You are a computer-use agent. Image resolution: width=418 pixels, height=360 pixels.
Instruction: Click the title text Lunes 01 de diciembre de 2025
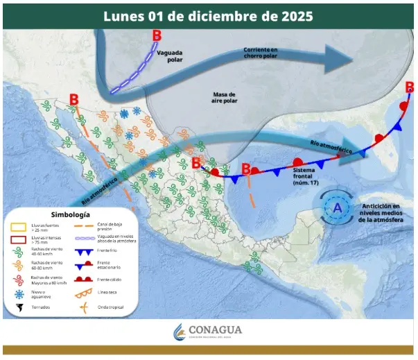pyautogui.click(x=207, y=15)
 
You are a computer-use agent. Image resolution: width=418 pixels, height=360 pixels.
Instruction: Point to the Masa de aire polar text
pyautogui.click(x=223, y=98)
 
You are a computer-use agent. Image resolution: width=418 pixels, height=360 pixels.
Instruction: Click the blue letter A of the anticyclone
pyautogui.click(x=338, y=207)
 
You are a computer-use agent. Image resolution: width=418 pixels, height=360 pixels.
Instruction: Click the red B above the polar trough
pyautogui.click(x=157, y=35)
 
